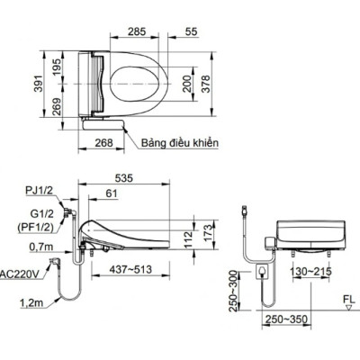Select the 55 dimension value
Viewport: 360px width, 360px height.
pos(192,31)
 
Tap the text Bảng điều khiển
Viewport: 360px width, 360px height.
pos(179,142)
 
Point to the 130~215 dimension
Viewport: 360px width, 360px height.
pos(310,270)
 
